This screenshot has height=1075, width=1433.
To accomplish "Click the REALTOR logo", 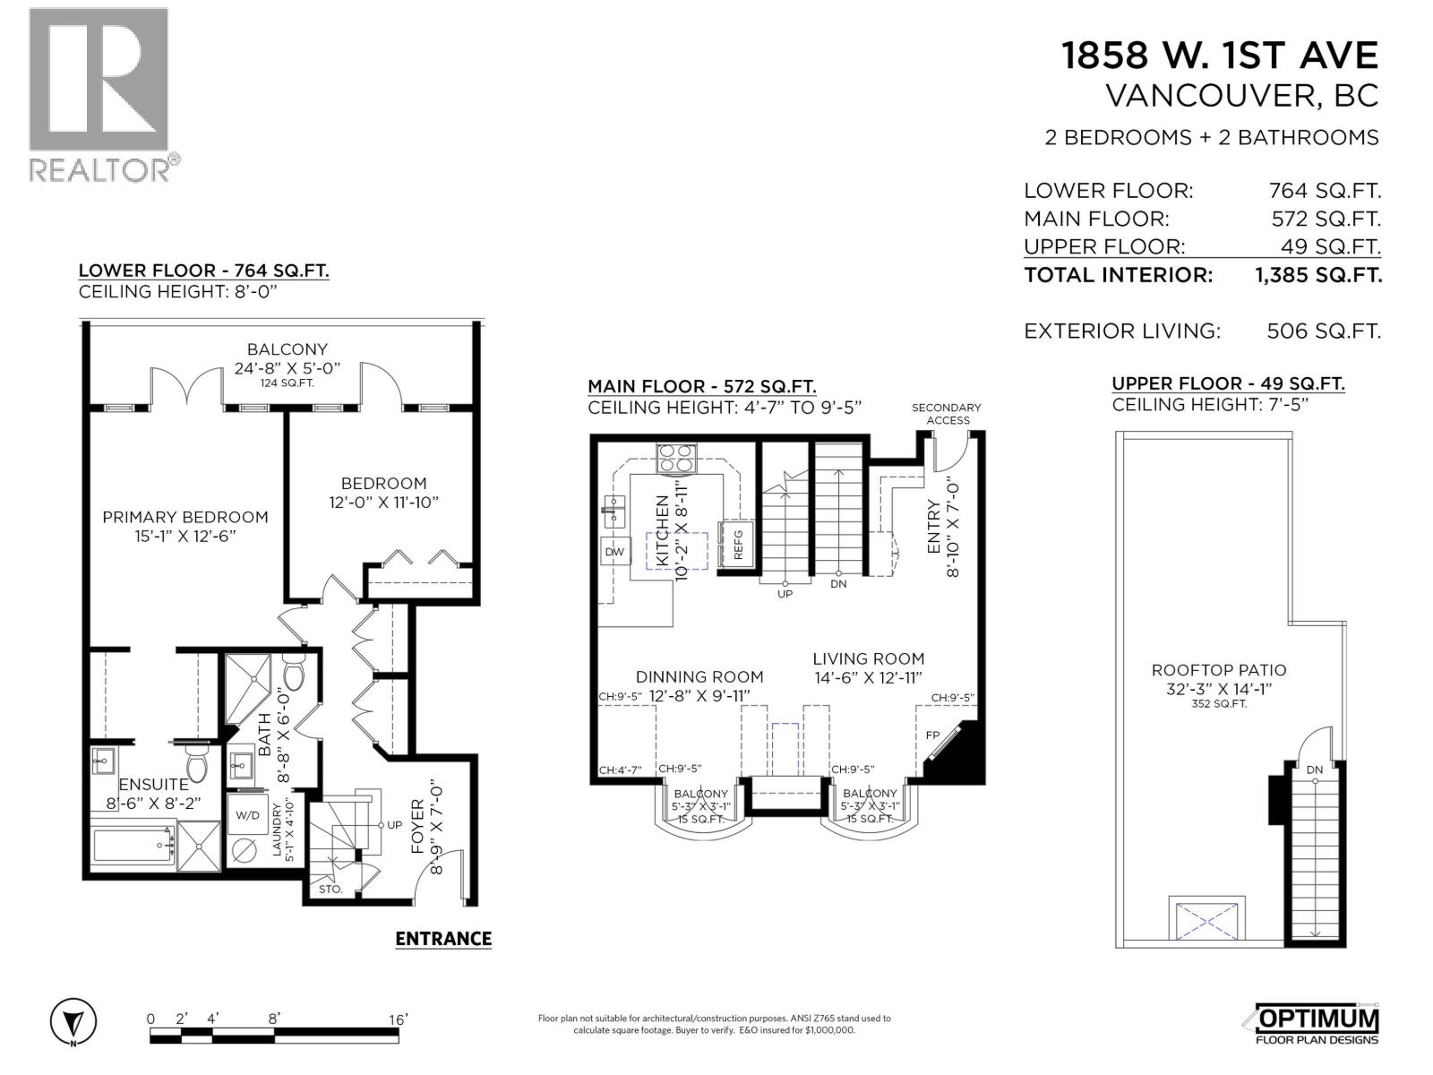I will pos(99,94).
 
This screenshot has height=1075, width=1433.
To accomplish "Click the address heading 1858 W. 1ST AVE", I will pos(1219,56).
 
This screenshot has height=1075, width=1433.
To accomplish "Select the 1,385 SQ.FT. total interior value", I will pos(1318,275).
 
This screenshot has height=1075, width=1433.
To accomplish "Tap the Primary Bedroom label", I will pos(184,517).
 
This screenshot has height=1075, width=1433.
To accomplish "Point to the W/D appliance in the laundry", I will pos(247,815).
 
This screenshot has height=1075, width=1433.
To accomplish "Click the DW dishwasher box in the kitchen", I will pos(614,552).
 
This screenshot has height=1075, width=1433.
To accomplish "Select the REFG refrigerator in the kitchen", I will pos(738,544).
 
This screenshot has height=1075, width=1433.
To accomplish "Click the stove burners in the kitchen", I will pos(676,459).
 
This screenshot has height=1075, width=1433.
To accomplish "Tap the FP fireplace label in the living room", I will pos(932,735).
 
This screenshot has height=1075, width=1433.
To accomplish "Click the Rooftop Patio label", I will pos(1218,670).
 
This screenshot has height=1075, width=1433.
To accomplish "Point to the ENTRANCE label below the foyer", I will pos(443,938).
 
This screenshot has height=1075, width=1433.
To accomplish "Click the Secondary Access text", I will pos(947,413).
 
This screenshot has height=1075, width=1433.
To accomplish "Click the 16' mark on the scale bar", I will pos(399,1019).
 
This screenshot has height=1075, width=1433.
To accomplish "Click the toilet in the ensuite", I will pos(196,764).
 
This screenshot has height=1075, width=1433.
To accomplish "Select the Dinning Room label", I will pos(699,677).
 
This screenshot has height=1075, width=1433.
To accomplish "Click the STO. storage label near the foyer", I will pos(330,890).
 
